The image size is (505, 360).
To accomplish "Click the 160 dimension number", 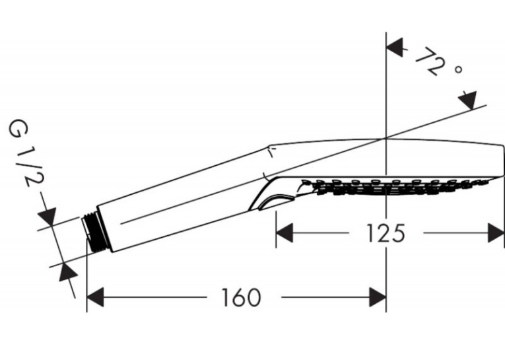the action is (241, 297).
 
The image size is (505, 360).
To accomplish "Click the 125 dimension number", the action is (386, 233).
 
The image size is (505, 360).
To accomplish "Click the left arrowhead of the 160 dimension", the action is (95, 297).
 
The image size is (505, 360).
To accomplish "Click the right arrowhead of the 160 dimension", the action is (378, 297).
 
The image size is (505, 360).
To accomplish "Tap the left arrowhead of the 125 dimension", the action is (285, 233).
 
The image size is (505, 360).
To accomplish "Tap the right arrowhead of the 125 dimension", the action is (496, 233).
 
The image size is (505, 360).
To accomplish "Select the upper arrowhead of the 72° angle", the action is (395, 48).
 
